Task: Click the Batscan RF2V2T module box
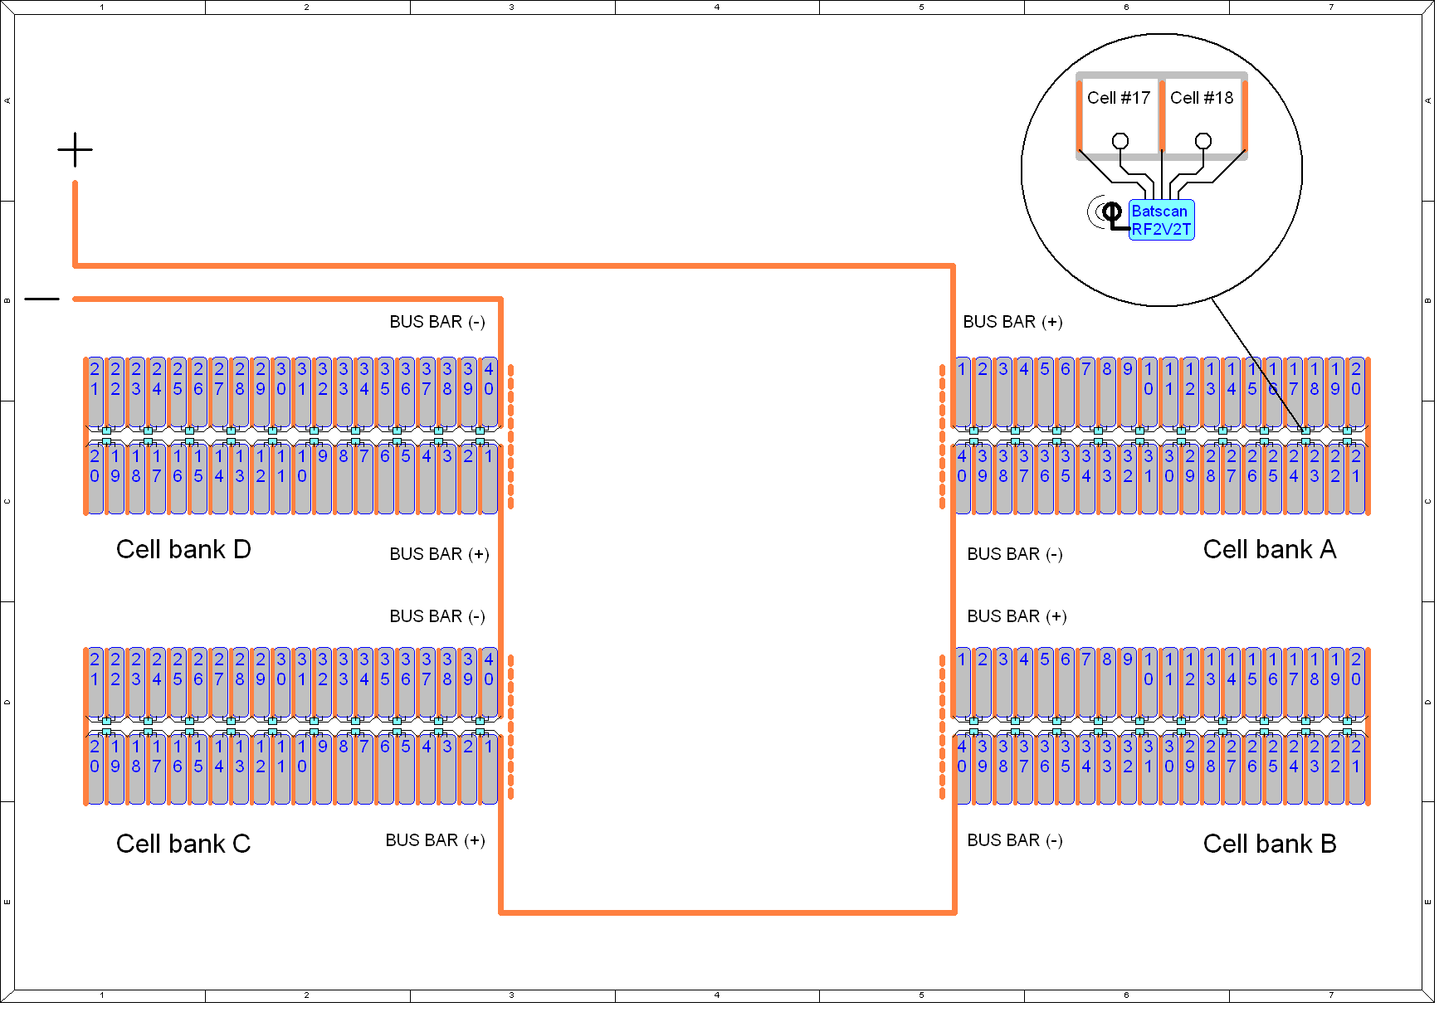1161,220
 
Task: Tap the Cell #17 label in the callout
1119,98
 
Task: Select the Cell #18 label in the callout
1202,98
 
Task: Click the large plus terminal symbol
75,150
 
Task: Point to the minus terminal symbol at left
41,299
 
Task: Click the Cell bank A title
1270,549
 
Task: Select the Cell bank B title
1270,844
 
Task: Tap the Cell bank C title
183,844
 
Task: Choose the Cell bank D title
183,549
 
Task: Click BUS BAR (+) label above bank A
1012,322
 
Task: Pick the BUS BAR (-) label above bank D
437,322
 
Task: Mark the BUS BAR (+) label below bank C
435,840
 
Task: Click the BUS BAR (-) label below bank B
1015,840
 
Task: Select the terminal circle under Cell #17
1120,141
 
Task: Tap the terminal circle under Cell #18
1203,141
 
